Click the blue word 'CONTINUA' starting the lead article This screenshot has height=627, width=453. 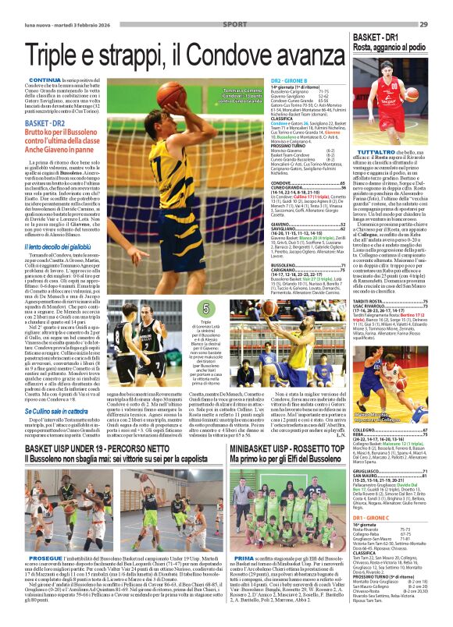(x=45, y=80)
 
